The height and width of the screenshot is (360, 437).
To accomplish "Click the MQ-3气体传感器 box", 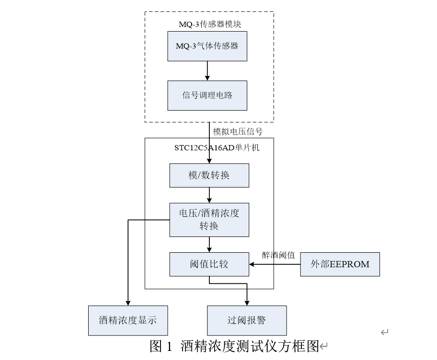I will [207, 46].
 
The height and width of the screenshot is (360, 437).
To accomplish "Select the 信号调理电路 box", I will [207, 95].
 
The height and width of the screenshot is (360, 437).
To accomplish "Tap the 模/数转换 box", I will [209, 175].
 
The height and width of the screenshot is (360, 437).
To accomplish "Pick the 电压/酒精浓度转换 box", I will [209, 220].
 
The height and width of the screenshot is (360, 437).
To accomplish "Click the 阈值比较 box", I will [209, 264].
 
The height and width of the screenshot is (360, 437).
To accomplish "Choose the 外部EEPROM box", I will [340, 264].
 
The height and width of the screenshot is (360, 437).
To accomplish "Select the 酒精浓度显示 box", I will [128, 320].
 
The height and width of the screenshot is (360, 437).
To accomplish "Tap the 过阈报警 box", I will [246, 320].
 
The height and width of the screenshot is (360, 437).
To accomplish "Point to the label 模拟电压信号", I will [238, 131].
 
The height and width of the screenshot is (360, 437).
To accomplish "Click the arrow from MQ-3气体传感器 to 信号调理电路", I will [207, 70].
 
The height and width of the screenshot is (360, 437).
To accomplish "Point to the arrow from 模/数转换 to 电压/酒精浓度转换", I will [209, 195].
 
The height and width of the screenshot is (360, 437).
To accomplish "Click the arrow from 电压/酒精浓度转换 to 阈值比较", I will [209, 245].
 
